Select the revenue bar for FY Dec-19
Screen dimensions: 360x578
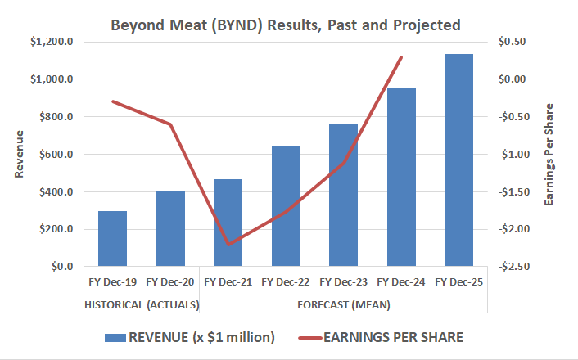[x=113, y=239]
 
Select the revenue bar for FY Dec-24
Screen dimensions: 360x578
[x=401, y=177]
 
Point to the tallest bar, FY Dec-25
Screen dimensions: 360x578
[x=458, y=160]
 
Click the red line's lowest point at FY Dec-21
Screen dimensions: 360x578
[x=228, y=244]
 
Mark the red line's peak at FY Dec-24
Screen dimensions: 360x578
[x=401, y=57]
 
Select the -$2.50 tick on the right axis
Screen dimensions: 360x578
[x=514, y=267]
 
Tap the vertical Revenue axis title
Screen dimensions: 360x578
[x=20, y=154]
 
